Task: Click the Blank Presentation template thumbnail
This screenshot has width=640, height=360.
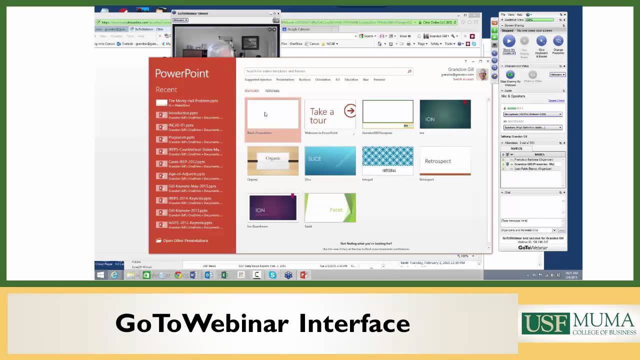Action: tap(272, 114)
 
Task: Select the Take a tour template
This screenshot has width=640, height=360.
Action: tap(330, 114)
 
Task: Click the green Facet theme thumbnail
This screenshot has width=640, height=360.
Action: tap(330, 207)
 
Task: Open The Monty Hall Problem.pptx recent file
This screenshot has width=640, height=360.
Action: tap(193, 101)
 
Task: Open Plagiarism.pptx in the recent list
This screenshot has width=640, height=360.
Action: tap(181, 137)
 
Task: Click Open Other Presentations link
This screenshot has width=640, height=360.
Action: tap(185, 240)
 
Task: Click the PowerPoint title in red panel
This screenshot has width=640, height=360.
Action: tap(182, 73)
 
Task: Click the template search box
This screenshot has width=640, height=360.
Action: tap(325, 71)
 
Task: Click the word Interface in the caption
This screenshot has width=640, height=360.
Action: tap(354, 323)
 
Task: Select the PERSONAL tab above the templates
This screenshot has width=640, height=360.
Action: tap(272, 91)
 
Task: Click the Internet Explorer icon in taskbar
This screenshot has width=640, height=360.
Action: tap(114, 275)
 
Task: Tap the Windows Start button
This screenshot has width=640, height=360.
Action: tap(100, 275)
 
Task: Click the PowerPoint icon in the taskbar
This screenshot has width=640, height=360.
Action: tap(303, 275)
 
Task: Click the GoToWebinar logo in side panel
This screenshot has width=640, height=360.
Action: tap(532, 247)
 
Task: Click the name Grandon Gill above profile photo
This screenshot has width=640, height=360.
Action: tap(460, 69)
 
